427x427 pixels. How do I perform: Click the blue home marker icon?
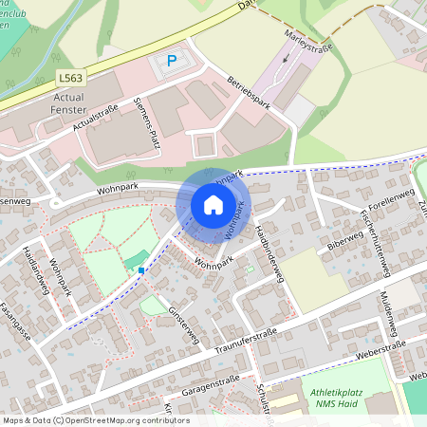[x=213, y=204]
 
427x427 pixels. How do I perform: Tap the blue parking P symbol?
[x=172, y=61]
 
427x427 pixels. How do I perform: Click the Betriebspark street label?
[x=250, y=92]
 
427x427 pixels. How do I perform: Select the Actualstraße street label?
[x=95, y=121]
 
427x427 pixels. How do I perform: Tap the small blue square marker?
[x=141, y=270]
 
